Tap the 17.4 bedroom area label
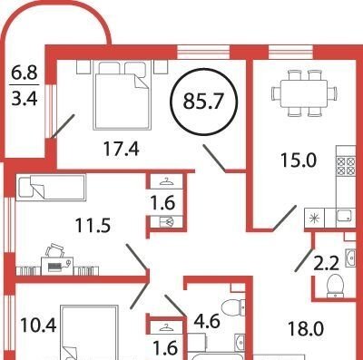(121, 149)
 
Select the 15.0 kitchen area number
(299, 160)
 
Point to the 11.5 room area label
(93, 226)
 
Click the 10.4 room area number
(38, 326)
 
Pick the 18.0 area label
(306, 329)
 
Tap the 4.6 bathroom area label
(207, 321)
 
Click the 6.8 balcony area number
(25, 73)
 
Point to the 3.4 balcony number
(25, 98)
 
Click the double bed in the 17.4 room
(123, 94)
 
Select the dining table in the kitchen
(304, 93)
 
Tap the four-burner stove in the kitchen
(346, 166)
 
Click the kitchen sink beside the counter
(345, 217)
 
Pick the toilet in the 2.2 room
(335, 285)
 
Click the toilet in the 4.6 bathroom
(234, 307)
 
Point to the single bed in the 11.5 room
(51, 187)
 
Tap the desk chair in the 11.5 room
(55, 250)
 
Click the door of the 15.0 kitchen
(284, 218)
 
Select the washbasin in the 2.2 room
(350, 258)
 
